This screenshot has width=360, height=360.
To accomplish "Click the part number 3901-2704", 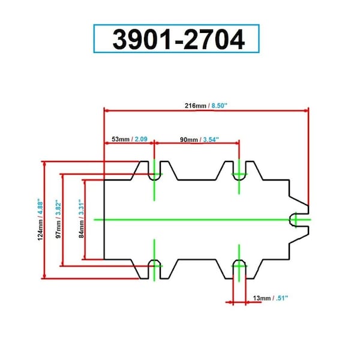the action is pyautogui.click(x=179, y=39).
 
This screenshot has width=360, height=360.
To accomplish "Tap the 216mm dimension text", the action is pyautogui.click(x=196, y=106).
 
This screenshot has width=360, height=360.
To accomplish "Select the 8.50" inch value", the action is pyautogui.click(x=219, y=106).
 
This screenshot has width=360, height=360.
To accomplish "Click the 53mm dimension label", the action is pyautogui.click(x=121, y=139).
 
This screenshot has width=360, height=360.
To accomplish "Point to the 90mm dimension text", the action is pyautogui.click(x=189, y=140).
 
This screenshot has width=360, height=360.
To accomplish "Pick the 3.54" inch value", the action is pyautogui.click(x=211, y=140).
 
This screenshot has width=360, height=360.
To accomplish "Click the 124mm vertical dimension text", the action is pyautogui.click(x=40, y=230).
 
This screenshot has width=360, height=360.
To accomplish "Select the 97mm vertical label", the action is pyautogui.click(x=59, y=229).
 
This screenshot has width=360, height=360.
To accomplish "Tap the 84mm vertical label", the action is pyautogui.click(x=81, y=229).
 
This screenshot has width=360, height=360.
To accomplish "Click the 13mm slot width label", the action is pyautogui.click(x=262, y=298).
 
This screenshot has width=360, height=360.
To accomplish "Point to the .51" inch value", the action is pyautogui.click(x=282, y=298).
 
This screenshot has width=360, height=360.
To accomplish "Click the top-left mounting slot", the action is pyautogui.click(x=154, y=171).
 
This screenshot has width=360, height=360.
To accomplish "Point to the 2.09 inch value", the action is pyautogui.click(x=141, y=139).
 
